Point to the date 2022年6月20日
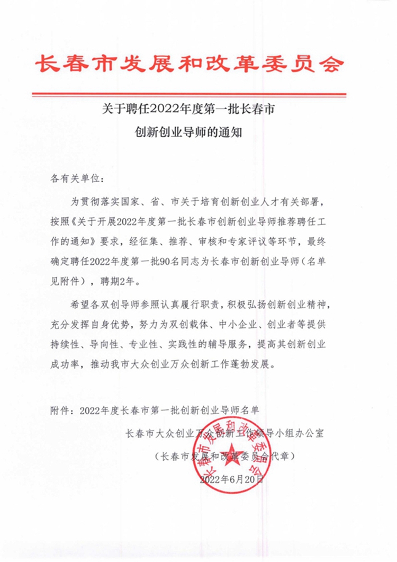click(232, 479)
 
